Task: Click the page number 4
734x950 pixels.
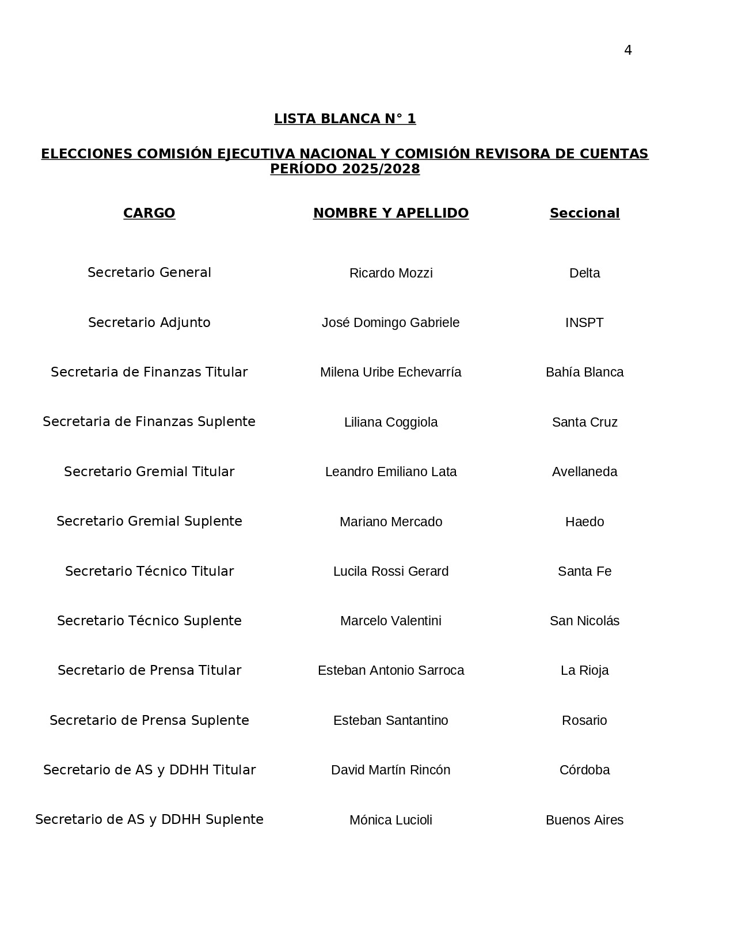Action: click(627, 50)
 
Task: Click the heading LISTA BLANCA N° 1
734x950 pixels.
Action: click(345, 119)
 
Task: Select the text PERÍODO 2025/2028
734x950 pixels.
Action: click(345, 169)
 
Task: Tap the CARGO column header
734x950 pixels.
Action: click(149, 213)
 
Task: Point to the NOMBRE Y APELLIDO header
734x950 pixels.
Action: click(391, 213)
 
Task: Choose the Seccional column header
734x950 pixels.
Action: click(584, 213)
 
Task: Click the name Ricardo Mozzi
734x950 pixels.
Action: click(391, 273)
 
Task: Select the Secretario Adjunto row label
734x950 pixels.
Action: click(149, 322)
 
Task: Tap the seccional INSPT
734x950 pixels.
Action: click(584, 322)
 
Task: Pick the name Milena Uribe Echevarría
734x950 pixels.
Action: click(391, 372)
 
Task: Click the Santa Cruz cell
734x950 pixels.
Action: click(584, 422)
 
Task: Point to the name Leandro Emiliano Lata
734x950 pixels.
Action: click(391, 472)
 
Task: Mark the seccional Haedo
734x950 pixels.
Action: click(584, 522)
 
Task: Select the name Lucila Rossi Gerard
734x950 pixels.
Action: click(391, 571)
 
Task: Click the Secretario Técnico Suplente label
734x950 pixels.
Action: click(149, 621)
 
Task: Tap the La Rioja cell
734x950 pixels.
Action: click(584, 670)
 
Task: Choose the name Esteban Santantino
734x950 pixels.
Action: click(391, 720)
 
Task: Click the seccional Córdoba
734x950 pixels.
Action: click(584, 770)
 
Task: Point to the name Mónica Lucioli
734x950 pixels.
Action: click(391, 820)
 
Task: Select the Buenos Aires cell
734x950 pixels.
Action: click(584, 820)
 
